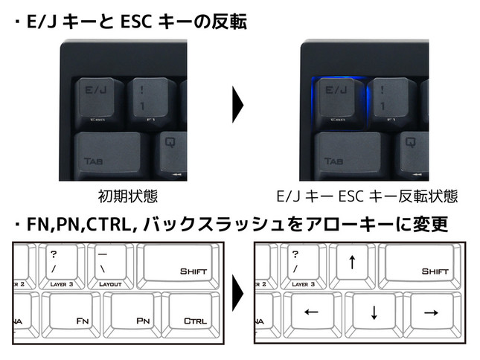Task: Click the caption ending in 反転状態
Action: pos(366,197)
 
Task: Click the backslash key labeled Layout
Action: pos(112,267)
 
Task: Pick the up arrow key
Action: pos(352,266)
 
